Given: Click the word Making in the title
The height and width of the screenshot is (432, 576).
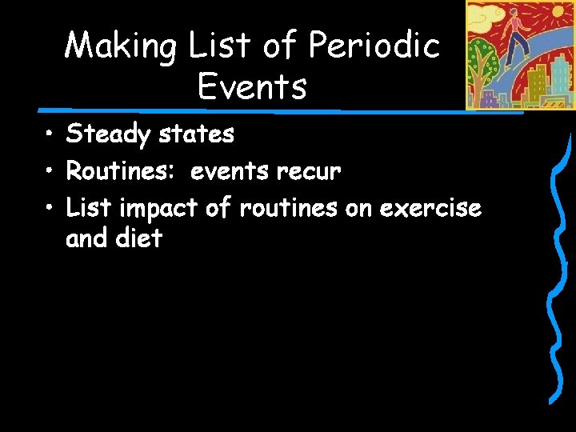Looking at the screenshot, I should click(x=122, y=46).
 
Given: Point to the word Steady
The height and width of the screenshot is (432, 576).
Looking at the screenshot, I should click(x=108, y=134).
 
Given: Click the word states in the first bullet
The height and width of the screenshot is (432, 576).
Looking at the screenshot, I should click(x=196, y=134).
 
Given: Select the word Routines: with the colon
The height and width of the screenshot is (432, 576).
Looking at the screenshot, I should click(x=122, y=171).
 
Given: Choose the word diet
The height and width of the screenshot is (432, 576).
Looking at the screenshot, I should click(x=138, y=238).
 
